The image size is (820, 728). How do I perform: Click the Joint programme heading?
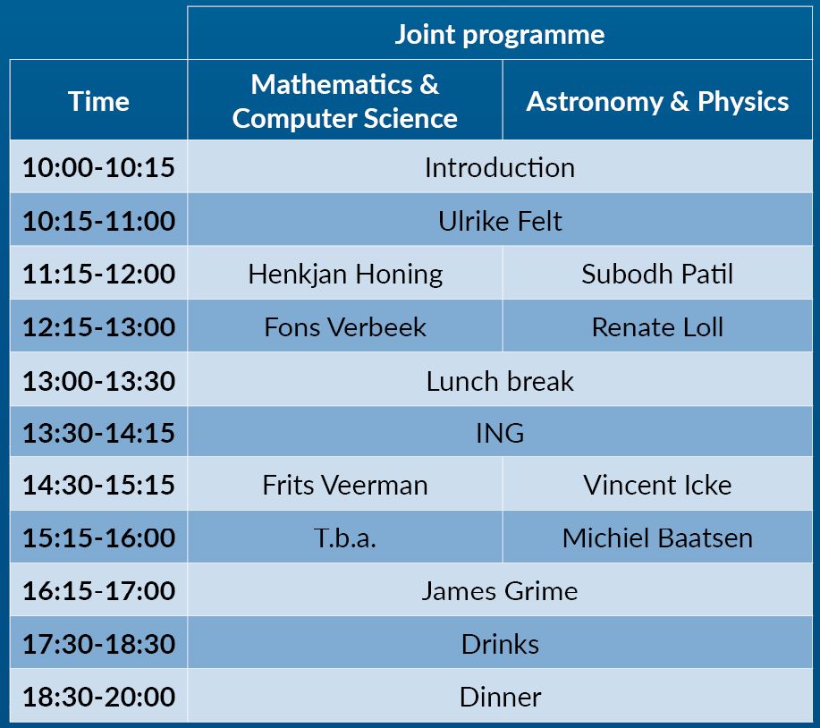[500, 35]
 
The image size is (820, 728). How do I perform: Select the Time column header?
[98, 101]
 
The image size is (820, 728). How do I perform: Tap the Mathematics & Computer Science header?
[344, 101]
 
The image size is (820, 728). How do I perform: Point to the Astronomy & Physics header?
[657, 101]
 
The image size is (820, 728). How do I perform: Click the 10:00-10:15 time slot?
[98, 167]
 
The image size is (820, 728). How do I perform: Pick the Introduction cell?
[500, 168]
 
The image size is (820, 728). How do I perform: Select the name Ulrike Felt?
[500, 221]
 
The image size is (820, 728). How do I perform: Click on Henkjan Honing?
[345, 274]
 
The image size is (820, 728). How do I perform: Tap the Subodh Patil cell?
[657, 274]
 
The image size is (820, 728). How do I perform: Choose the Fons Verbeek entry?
[345, 326]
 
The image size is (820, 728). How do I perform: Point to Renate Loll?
[657, 326]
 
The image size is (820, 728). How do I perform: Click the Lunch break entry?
[500, 381]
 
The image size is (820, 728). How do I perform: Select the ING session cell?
[500, 433]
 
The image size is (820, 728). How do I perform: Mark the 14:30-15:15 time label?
[98, 484]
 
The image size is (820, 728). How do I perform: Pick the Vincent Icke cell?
[657, 485]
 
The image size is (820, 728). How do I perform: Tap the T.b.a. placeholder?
[345, 538]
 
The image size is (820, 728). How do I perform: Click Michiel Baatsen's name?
[657, 538]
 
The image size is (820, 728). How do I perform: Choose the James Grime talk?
[500, 591]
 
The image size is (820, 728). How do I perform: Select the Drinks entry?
[500, 644]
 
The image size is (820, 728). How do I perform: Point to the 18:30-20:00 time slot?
[98, 697]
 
